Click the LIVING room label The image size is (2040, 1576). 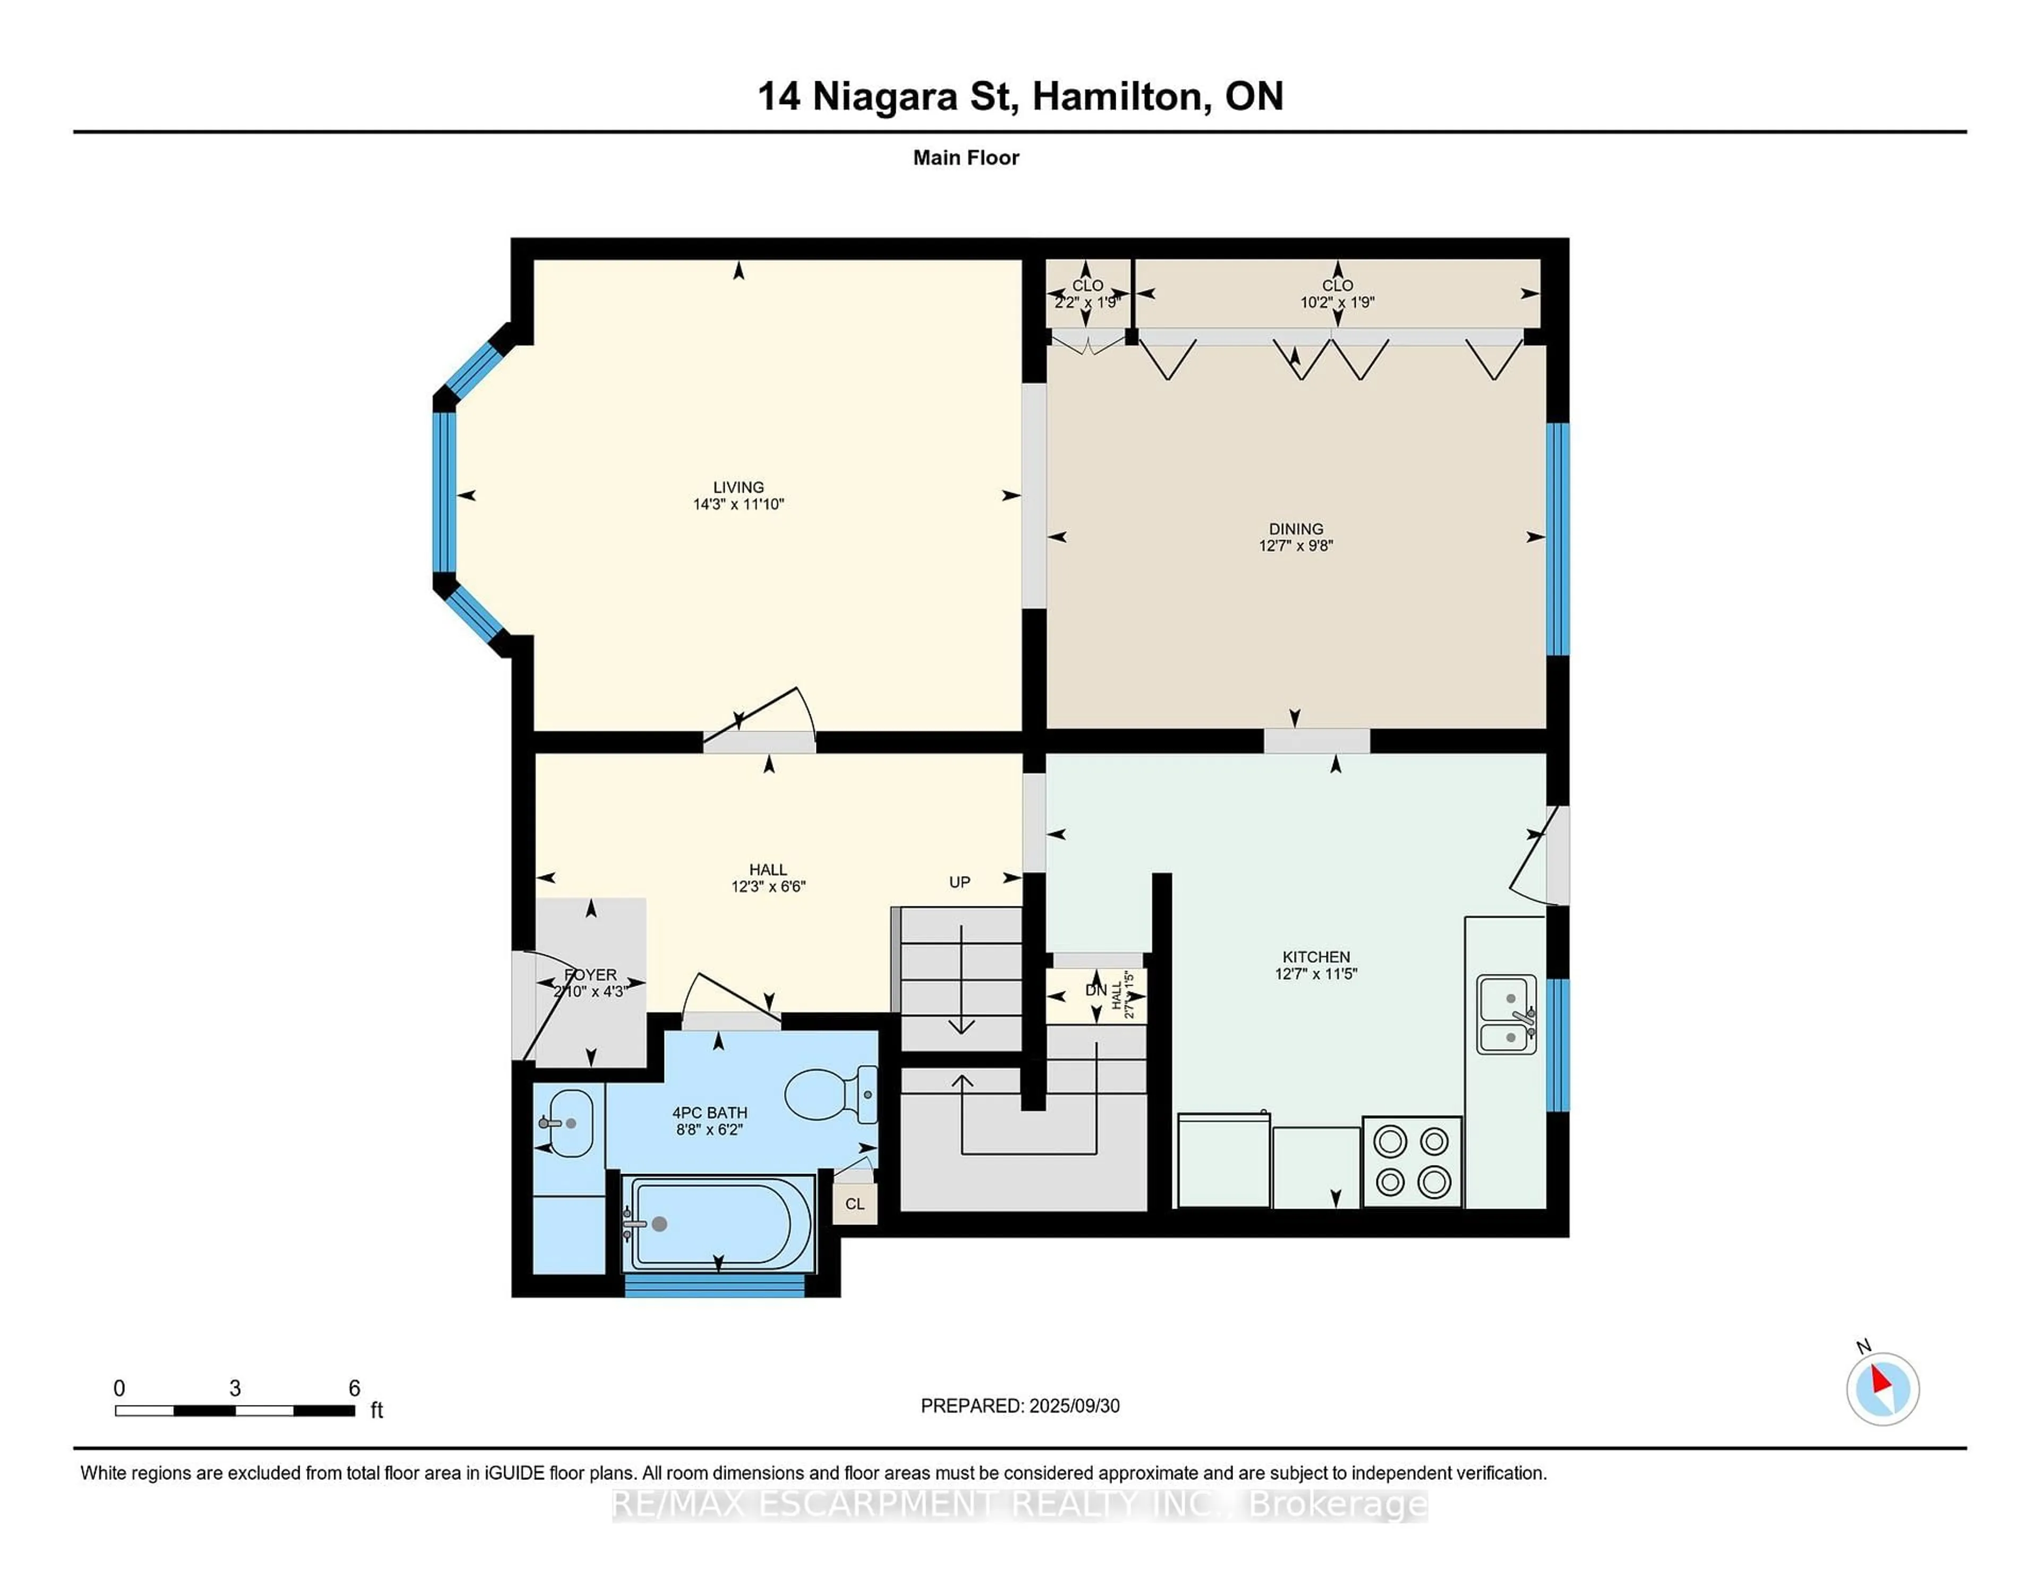(x=738, y=486)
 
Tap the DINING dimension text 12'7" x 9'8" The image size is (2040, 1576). (x=1296, y=545)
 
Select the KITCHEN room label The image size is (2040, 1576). (x=1315, y=956)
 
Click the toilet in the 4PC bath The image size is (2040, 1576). (x=827, y=1094)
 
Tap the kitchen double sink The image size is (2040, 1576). (x=1506, y=1014)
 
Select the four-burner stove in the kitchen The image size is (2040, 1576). (x=1412, y=1161)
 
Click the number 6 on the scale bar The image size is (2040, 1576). (x=354, y=1387)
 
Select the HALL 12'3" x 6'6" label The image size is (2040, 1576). (x=768, y=878)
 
